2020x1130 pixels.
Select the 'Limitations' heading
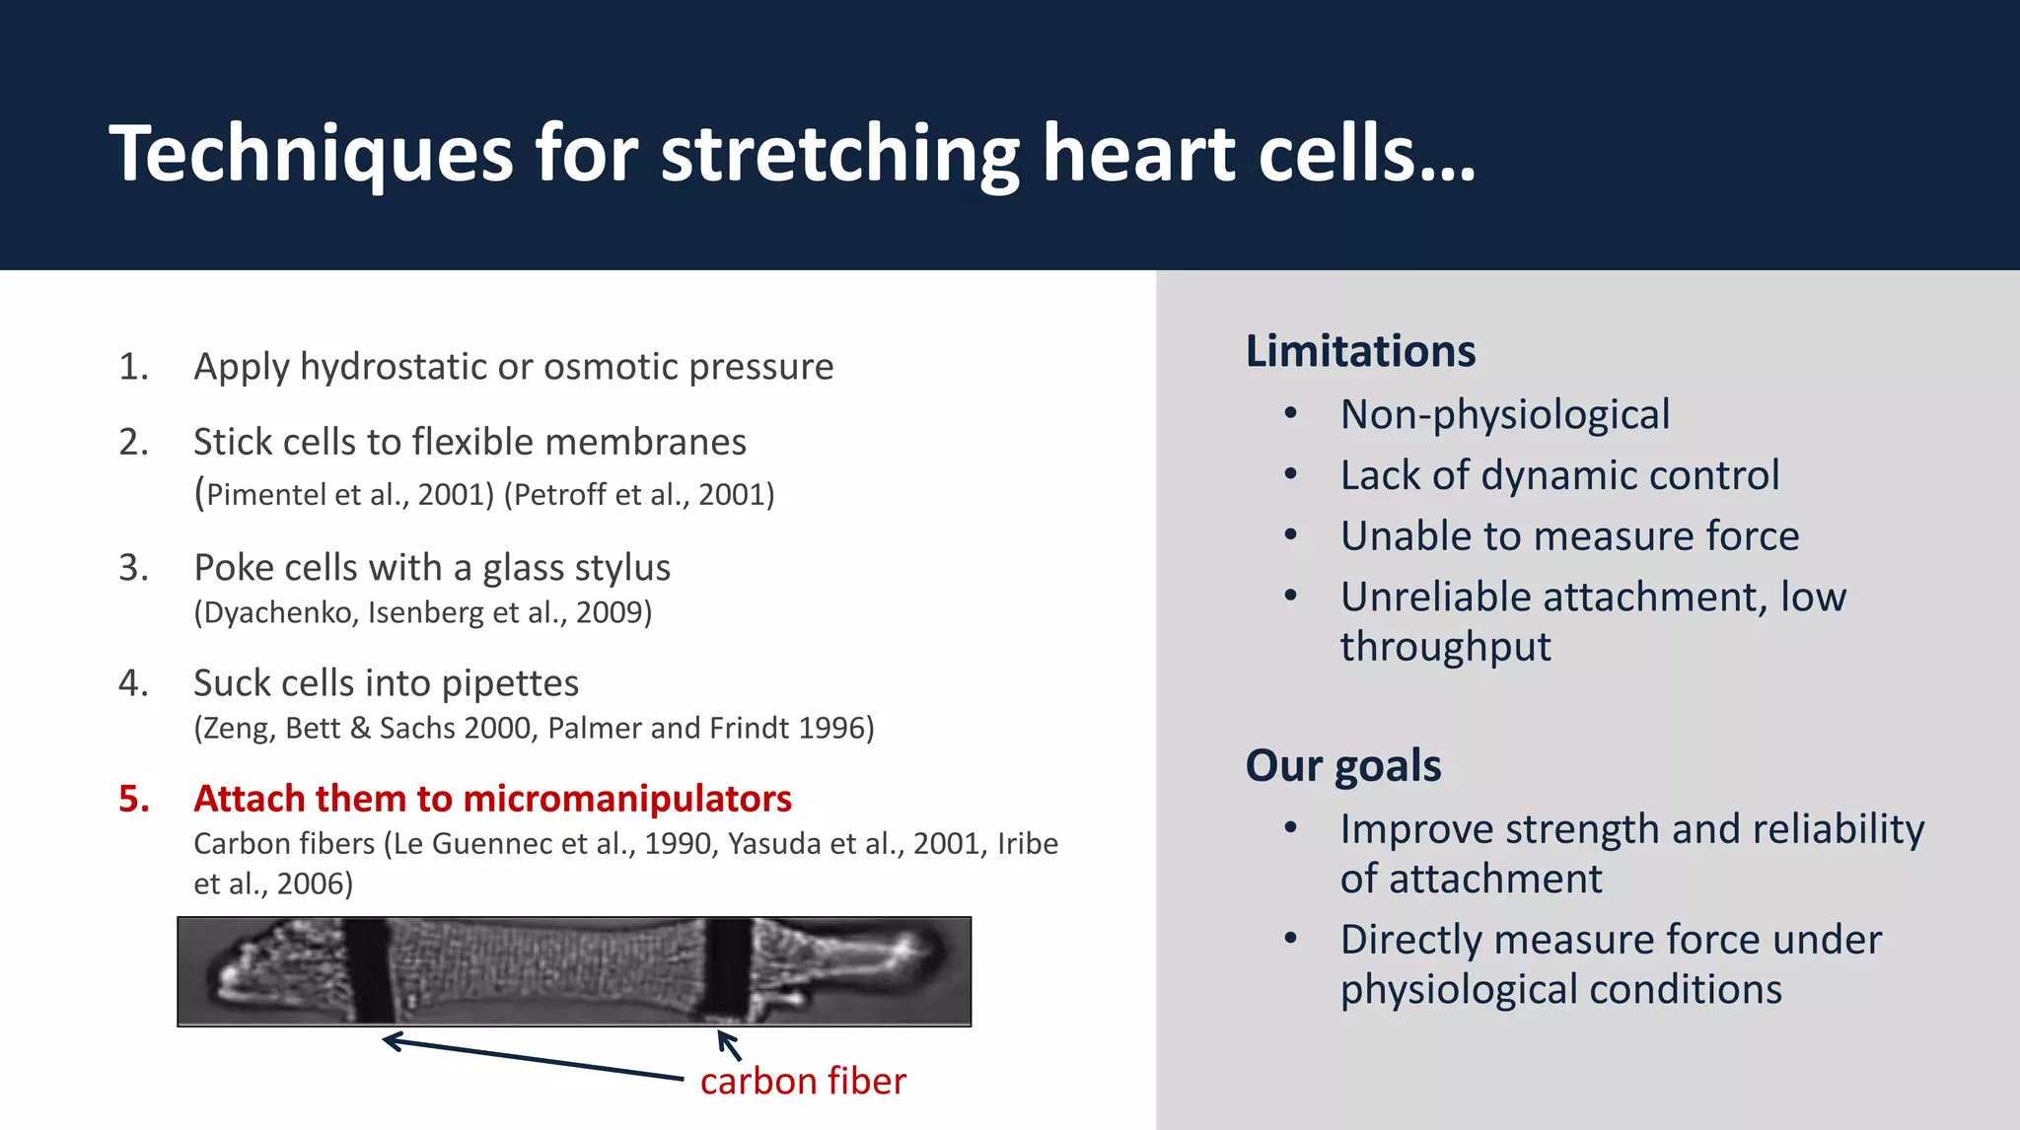[1360, 351]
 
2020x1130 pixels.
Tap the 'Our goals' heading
[1342, 765]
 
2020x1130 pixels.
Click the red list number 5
[134, 799]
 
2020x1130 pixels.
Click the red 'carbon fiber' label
[802, 1082]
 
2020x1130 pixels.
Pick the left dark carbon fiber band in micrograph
[367, 971]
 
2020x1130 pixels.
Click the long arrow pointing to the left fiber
[533, 1059]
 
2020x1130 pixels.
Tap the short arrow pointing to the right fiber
[729, 1044]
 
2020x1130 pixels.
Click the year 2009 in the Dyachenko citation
[611, 612]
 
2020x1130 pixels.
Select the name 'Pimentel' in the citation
[265, 494]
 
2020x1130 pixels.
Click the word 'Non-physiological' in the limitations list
[1504, 415]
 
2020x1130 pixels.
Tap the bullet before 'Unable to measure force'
[1290, 535]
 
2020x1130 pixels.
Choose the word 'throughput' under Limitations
[1445, 648]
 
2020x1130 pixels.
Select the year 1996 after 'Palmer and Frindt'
[832, 728]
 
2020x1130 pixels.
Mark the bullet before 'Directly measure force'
[1290, 939]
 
